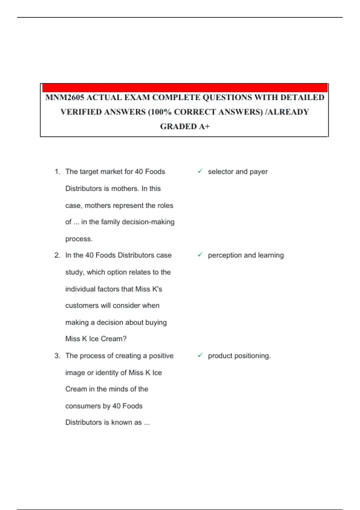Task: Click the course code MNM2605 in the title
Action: pyautogui.click(x=65, y=97)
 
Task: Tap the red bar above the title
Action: pyautogui.click(x=185, y=88)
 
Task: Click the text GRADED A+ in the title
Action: pyautogui.click(x=185, y=126)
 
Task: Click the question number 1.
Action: pyautogui.click(x=57, y=172)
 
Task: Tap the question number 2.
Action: pyautogui.click(x=57, y=255)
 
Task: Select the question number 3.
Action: pyautogui.click(x=57, y=356)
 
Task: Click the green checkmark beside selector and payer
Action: pyautogui.click(x=200, y=171)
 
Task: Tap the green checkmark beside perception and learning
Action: pyautogui.click(x=200, y=255)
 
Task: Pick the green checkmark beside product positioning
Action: pyautogui.click(x=200, y=355)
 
